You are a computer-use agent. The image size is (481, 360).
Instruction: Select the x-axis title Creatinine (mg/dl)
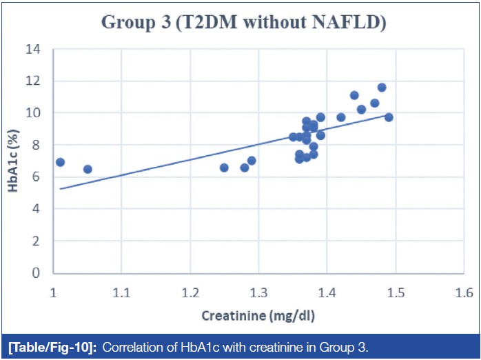[258, 316]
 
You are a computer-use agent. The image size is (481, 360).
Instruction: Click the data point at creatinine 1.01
[60, 162]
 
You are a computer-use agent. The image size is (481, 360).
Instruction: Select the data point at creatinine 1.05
[88, 169]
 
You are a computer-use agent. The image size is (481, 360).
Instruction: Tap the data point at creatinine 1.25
[224, 168]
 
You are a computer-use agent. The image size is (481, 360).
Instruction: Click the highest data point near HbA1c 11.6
[382, 88]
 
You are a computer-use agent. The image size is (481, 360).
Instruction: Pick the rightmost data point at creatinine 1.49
[389, 117]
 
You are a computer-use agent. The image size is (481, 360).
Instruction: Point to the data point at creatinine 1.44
[354, 95]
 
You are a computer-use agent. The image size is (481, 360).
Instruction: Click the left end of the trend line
[60, 188]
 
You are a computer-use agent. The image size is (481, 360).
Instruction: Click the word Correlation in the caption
[129, 346]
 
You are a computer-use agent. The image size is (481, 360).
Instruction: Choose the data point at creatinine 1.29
[252, 161]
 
